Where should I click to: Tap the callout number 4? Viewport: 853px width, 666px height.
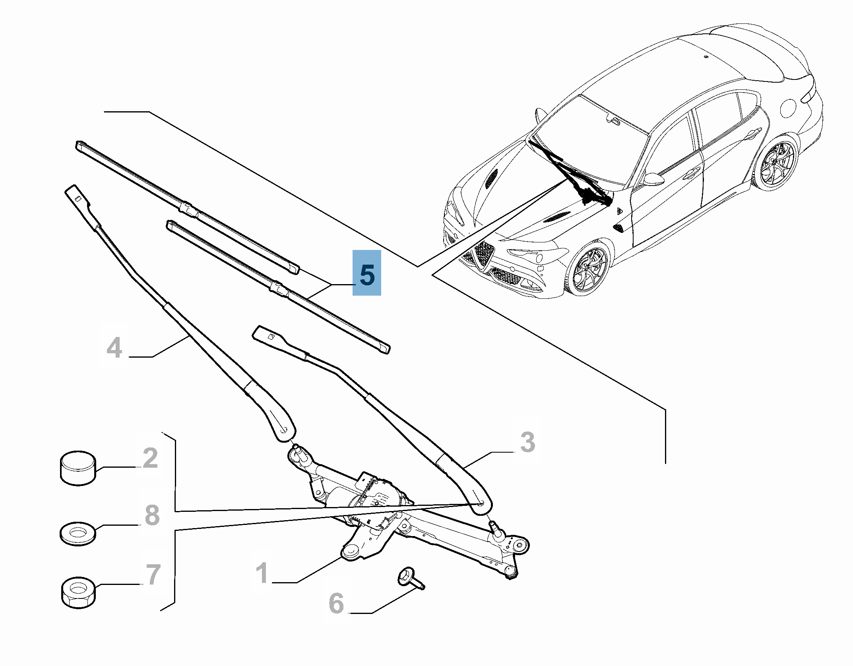pyautogui.click(x=114, y=348)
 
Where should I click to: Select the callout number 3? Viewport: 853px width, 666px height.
pyautogui.click(x=527, y=442)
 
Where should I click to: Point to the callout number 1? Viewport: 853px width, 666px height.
pyautogui.click(x=262, y=573)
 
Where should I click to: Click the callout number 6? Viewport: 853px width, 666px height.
pyautogui.click(x=336, y=603)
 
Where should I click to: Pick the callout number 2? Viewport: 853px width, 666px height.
pyautogui.click(x=150, y=458)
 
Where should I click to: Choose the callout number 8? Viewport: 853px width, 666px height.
pyautogui.click(x=152, y=515)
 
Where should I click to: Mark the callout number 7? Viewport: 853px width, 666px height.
pyautogui.click(x=153, y=575)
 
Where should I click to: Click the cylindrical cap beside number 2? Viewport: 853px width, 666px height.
pyautogui.click(x=78, y=468)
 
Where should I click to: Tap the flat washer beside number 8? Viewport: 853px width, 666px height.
pyautogui.click(x=78, y=533)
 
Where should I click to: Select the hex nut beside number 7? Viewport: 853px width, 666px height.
pyautogui.click(x=78, y=592)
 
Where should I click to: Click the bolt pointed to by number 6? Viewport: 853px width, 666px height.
pyautogui.click(x=411, y=578)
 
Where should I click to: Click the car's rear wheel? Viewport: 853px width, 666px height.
pyautogui.click(x=775, y=163)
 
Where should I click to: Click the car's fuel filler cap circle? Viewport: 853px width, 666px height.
pyautogui.click(x=789, y=107)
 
